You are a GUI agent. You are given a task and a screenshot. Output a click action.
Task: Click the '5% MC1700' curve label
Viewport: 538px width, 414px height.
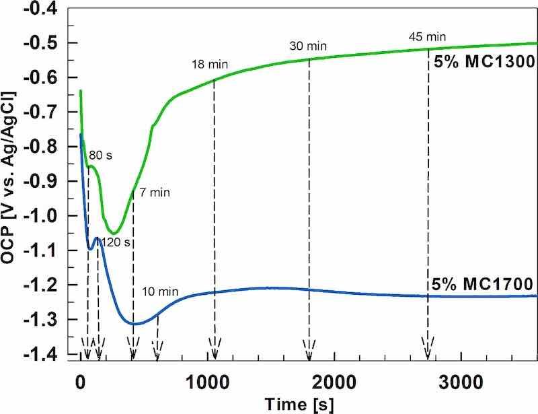pyautogui.click(x=482, y=283)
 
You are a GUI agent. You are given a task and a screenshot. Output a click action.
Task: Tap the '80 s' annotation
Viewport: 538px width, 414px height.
pyautogui.click(x=100, y=155)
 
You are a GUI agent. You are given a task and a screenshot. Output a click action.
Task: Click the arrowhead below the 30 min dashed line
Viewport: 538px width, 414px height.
pyautogui.click(x=309, y=353)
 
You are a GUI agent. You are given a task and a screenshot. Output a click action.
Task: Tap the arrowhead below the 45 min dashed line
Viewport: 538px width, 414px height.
pyautogui.click(x=428, y=353)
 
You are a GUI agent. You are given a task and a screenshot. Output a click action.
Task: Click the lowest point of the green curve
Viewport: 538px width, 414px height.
pyautogui.click(x=114, y=233)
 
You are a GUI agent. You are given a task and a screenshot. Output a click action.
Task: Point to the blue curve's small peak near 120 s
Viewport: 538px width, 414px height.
pyautogui.click(x=98, y=238)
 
